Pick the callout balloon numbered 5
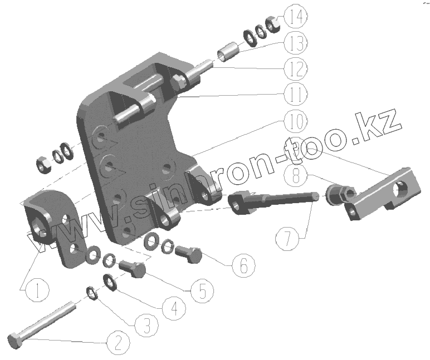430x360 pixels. [201, 290]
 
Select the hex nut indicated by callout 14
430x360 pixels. [272, 23]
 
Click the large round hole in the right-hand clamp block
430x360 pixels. [399, 190]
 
